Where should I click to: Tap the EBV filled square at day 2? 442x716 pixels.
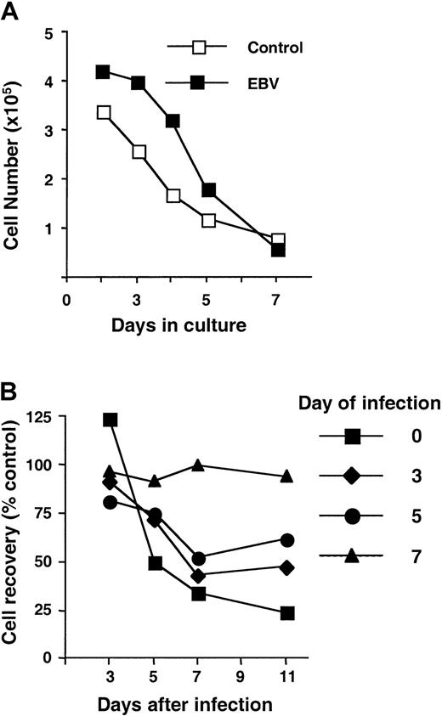pyautogui.click(x=104, y=71)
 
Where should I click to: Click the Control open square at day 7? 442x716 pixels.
pyautogui.click(x=278, y=240)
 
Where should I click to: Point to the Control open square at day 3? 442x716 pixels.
pyautogui.click(x=139, y=152)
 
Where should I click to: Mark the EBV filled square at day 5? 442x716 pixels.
pyautogui.click(x=208, y=189)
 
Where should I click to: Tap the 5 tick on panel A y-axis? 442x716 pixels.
pyautogui.click(x=52, y=33)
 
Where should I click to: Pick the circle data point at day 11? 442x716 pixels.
pyautogui.click(x=287, y=540)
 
